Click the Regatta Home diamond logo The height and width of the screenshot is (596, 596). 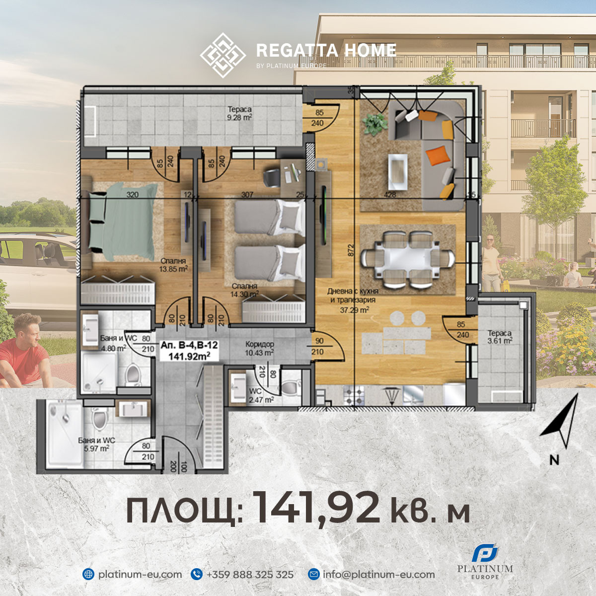(223, 55)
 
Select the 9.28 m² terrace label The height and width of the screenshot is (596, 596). (239, 113)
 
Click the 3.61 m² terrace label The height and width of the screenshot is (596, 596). (500, 337)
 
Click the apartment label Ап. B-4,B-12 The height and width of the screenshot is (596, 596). (189, 350)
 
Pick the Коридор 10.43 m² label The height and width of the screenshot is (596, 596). (259, 348)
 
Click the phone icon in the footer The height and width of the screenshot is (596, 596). (197, 575)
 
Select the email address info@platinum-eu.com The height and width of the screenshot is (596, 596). (378, 575)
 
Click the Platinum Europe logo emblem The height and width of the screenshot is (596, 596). (485, 553)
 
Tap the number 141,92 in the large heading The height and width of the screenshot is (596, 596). (316, 508)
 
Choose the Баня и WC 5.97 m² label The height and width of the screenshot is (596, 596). (96, 444)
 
